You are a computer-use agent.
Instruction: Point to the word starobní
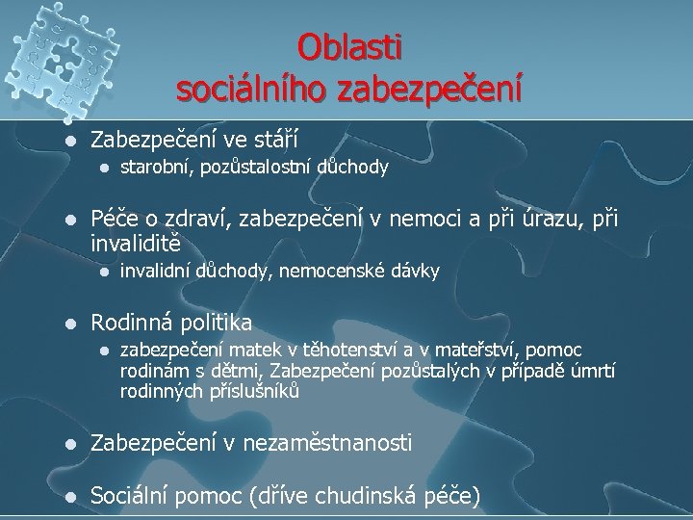pyautogui.click(x=156, y=169)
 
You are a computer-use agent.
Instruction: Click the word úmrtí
pyautogui.click(x=593, y=371)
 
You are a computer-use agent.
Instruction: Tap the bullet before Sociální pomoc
pyautogui.click(x=65, y=497)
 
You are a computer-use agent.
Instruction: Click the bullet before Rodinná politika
pyautogui.click(x=65, y=322)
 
